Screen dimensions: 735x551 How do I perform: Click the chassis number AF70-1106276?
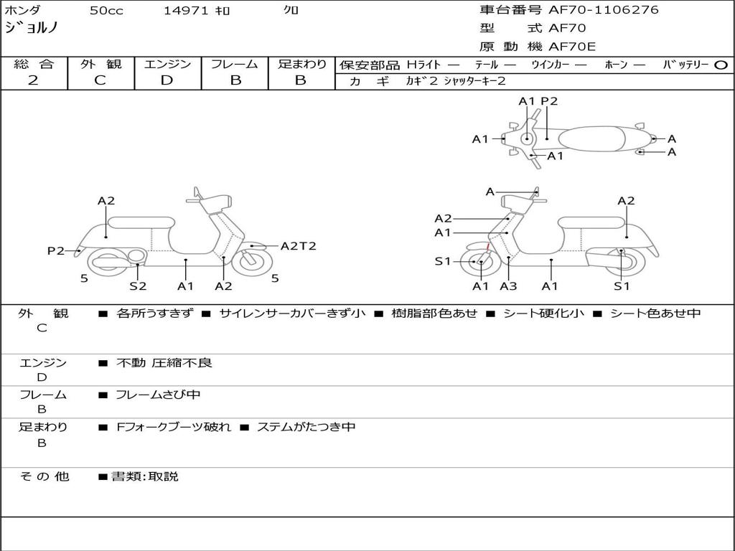(603, 9)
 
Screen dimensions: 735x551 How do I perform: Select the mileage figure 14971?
(186, 10)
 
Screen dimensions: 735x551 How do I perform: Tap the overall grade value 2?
(33, 80)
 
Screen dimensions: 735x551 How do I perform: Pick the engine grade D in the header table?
(167, 80)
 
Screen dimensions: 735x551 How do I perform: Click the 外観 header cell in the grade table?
(100, 64)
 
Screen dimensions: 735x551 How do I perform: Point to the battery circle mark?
(721, 65)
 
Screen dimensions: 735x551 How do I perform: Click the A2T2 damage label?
(298, 246)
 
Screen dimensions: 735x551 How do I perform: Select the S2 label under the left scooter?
(138, 286)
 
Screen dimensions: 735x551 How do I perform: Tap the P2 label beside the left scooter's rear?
(56, 250)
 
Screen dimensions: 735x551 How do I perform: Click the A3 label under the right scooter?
(508, 286)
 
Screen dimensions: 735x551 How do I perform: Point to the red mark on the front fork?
(488, 247)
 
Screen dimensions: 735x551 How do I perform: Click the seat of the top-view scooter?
(591, 139)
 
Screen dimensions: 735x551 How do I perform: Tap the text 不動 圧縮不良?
(164, 362)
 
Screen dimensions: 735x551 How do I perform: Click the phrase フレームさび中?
(158, 395)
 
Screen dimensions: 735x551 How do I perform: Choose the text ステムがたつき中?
(306, 427)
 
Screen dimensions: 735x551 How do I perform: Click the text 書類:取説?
(145, 476)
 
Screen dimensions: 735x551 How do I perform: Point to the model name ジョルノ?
(32, 28)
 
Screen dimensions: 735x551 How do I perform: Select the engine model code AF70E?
(572, 47)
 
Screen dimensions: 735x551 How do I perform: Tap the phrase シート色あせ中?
(655, 313)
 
